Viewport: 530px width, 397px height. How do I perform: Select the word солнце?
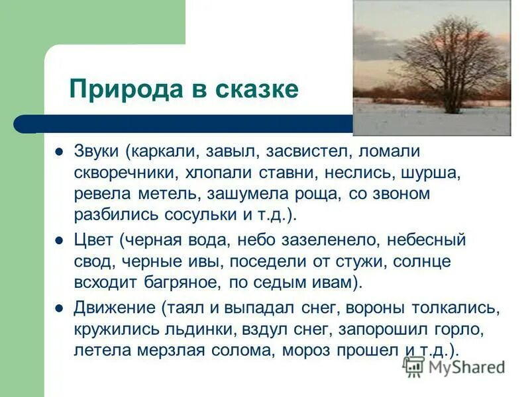click(x=424, y=261)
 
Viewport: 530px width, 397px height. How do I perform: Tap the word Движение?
click(x=112, y=308)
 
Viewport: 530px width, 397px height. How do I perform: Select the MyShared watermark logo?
click(x=454, y=366)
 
